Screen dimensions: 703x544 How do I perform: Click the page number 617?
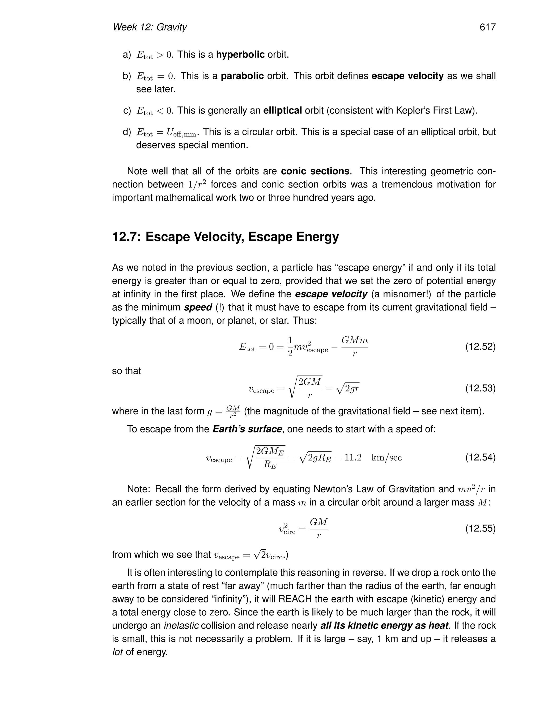click(487, 27)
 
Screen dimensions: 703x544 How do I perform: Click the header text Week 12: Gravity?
click(150, 27)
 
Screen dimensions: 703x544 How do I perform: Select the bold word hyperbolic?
click(240, 54)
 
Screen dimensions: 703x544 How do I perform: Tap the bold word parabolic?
click(242, 76)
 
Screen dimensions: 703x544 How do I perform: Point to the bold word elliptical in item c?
click(282, 110)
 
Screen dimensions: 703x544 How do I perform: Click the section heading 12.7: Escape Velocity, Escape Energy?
click(225, 237)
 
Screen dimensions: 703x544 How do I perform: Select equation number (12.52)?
click(480, 347)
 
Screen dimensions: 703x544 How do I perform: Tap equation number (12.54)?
click(480, 457)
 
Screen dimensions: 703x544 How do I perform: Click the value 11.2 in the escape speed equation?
click(353, 457)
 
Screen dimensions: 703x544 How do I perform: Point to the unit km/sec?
click(386, 457)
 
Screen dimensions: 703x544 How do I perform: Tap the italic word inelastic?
click(181, 626)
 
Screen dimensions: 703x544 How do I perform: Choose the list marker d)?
click(127, 132)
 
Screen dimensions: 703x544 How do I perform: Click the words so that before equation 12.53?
click(126, 371)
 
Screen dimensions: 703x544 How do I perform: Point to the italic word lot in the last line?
click(117, 652)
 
